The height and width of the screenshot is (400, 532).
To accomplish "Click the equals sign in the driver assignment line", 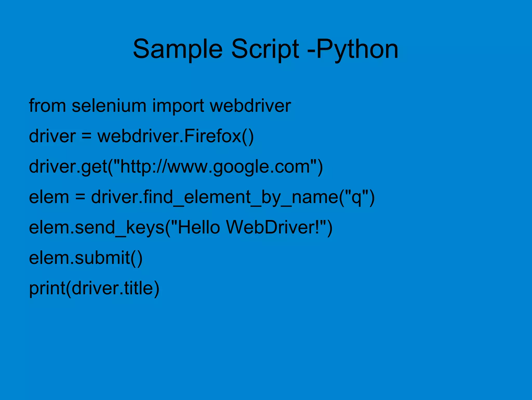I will coord(86,136).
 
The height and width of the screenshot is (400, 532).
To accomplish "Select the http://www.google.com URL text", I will coord(215,167).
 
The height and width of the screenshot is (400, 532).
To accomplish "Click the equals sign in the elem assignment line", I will coord(80,197).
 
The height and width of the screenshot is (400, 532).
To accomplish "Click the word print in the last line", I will coord(47,289).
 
